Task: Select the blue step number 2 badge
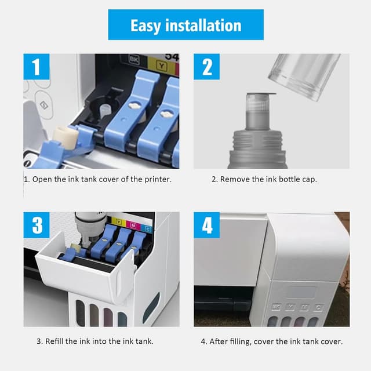(x=207, y=67)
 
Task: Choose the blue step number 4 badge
(x=207, y=225)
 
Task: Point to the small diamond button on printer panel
(x=42, y=105)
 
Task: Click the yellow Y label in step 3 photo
(x=119, y=221)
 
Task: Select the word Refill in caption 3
(x=66, y=341)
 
